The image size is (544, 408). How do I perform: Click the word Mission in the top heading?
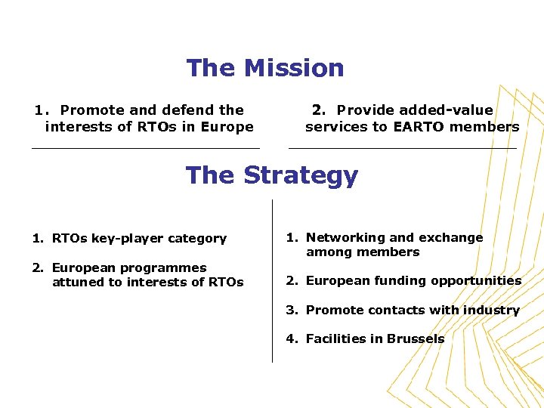pyautogui.click(x=294, y=68)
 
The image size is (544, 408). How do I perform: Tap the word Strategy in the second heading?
pyautogui.click(x=301, y=175)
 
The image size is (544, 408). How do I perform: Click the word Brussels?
pyautogui.click(x=415, y=339)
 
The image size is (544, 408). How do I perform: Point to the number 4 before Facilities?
pyautogui.click(x=290, y=339)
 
